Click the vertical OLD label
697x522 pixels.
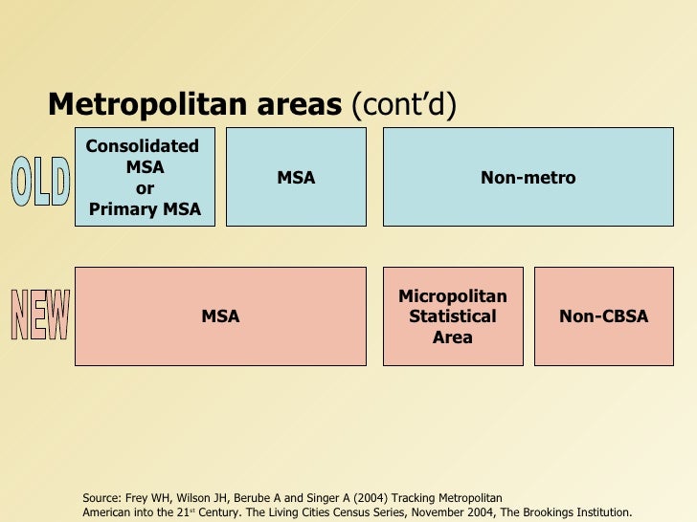coord(40,182)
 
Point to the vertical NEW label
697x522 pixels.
coord(40,315)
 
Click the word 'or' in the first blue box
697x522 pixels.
coord(145,188)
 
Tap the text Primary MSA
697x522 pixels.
coord(145,209)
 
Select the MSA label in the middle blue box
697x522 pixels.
coord(296,178)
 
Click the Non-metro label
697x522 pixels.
coord(528,178)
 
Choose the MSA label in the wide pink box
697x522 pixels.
coord(220,316)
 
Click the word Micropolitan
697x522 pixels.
coord(453,296)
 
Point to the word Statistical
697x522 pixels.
coord(453,316)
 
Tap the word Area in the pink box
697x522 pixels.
coord(453,337)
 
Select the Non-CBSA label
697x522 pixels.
coord(603,316)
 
